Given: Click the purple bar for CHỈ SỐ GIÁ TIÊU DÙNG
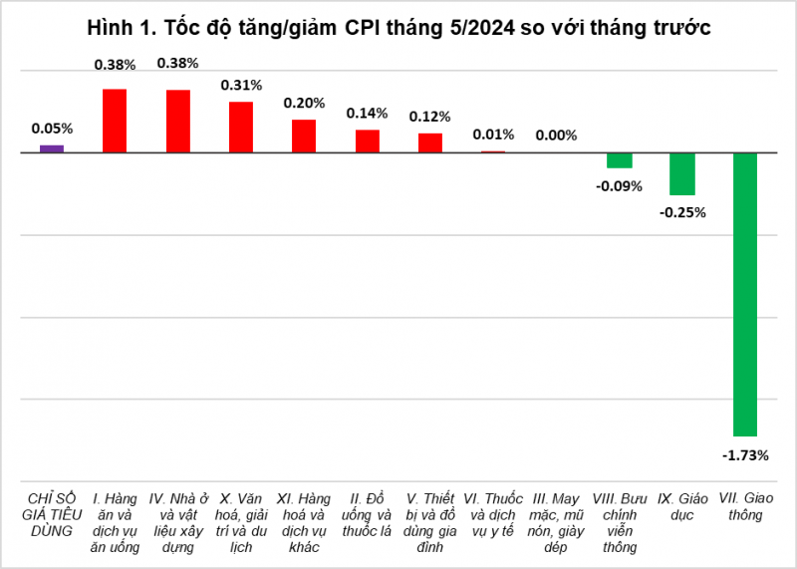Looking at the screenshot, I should pos(52,148).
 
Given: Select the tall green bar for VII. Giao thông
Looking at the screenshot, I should pos(745,294).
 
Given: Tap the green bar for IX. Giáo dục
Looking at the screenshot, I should pos(682,173).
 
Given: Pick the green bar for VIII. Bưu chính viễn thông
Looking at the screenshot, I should pos(620,160).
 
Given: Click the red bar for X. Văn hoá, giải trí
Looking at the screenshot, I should pos(241,127).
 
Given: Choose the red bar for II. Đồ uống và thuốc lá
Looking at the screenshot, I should pos(368,141).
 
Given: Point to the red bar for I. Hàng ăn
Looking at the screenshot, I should pos(115,121).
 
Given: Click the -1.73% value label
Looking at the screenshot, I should pos(745,455).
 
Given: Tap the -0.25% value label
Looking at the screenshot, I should pos(682,211).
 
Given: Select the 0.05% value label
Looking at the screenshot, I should pos(52,129).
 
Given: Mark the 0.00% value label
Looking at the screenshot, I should pos(556,136).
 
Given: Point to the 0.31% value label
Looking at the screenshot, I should pos(241,86).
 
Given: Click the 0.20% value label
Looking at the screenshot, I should pos(304,103).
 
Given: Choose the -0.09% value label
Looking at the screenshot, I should pos(620,185).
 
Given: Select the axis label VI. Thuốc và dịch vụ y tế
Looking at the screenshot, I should pos(493,513).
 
